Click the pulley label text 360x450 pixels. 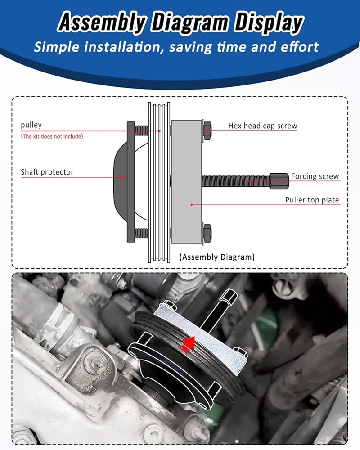click(x=31, y=125)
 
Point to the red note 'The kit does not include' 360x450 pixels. click(x=52, y=136)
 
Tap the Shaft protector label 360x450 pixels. click(x=47, y=172)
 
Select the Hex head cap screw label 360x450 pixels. click(x=263, y=126)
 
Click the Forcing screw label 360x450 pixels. click(x=315, y=176)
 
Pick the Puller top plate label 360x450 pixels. click(x=312, y=200)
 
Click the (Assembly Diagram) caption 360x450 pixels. click(x=217, y=256)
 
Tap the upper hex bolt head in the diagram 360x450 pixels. click(x=207, y=130)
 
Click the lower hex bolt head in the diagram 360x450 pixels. click(x=207, y=233)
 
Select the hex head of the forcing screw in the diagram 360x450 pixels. click(x=279, y=181)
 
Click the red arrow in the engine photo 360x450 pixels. click(x=188, y=344)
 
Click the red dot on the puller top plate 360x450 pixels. click(x=192, y=205)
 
